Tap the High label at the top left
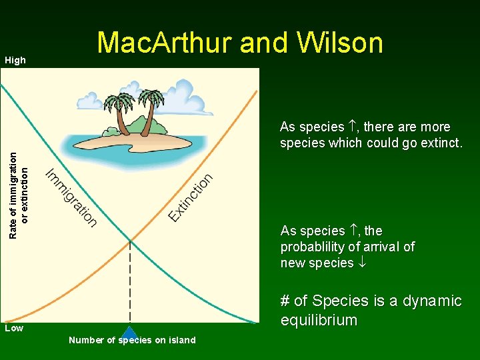(15, 61)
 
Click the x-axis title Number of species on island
(132, 341)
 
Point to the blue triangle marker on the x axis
(130, 333)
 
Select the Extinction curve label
(191, 197)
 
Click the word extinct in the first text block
(439, 143)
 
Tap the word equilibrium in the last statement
(319, 321)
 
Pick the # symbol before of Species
(285, 301)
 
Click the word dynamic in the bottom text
(433, 301)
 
